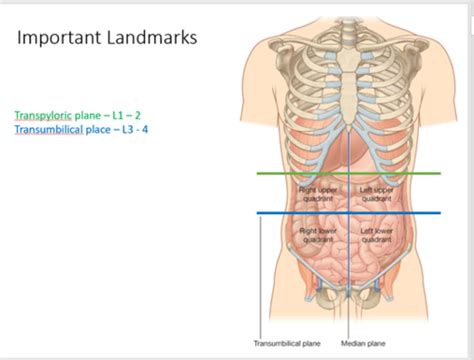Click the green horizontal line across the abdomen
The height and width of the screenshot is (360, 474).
click(x=300, y=173)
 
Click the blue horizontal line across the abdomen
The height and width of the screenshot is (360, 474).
click(x=300, y=212)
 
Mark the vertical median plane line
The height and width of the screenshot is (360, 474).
click(x=348, y=270)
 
